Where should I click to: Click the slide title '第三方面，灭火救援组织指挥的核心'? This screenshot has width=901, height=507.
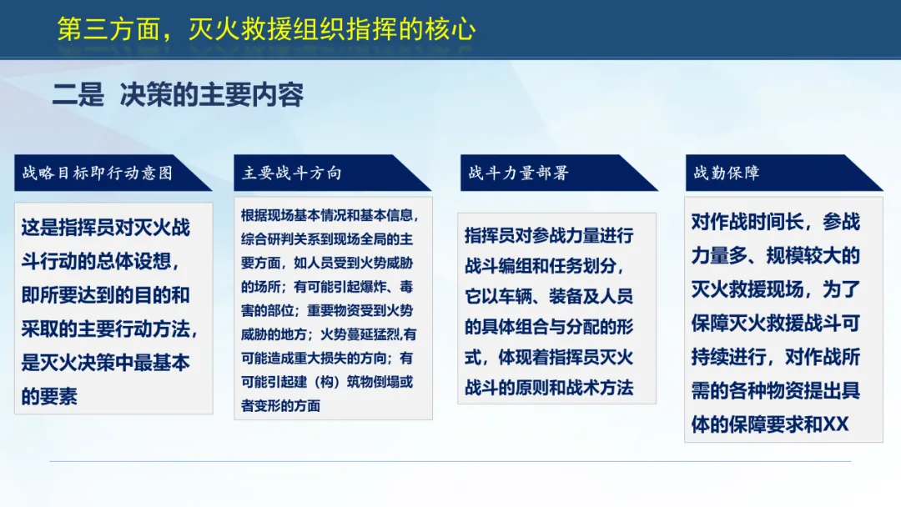pyautogui.click(x=267, y=29)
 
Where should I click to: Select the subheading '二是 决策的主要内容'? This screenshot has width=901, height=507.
pyautogui.click(x=179, y=95)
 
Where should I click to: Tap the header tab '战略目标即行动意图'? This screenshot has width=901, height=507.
pyautogui.click(x=97, y=173)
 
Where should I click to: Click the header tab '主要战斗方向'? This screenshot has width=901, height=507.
pyautogui.click(x=292, y=173)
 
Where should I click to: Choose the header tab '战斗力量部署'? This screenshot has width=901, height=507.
pyautogui.click(x=518, y=173)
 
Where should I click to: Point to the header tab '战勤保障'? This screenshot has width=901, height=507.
pyautogui.click(x=727, y=173)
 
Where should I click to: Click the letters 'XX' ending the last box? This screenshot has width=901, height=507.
pyautogui.click(x=836, y=424)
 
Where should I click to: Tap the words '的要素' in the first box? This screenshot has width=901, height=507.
pyautogui.click(x=49, y=396)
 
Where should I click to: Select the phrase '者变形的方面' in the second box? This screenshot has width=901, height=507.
pyautogui.click(x=280, y=405)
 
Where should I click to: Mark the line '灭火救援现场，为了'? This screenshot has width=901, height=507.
pyautogui.click(x=776, y=289)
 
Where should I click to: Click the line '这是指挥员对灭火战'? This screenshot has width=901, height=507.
pyautogui.click(x=106, y=228)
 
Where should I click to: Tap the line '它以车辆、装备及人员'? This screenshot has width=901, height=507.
pyautogui.click(x=549, y=296)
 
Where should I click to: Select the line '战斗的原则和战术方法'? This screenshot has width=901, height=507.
pyautogui.click(x=549, y=388)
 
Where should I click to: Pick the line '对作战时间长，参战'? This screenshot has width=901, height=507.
pyautogui.click(x=776, y=222)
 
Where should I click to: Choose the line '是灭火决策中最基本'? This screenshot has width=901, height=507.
pyautogui.click(x=106, y=362)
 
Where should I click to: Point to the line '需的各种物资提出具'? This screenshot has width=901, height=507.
pyautogui.click(x=776, y=390)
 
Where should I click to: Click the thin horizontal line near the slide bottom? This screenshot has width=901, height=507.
pyautogui.click(x=450, y=461)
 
